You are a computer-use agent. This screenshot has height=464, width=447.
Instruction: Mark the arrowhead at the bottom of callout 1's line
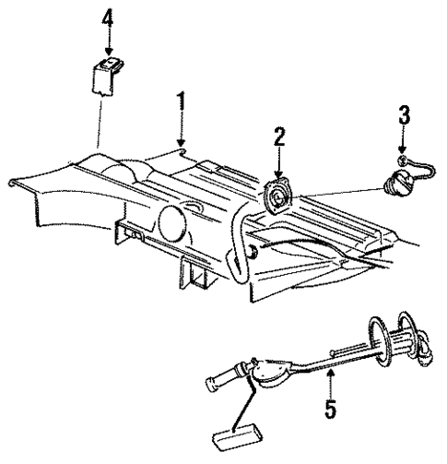coord(182,147)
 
